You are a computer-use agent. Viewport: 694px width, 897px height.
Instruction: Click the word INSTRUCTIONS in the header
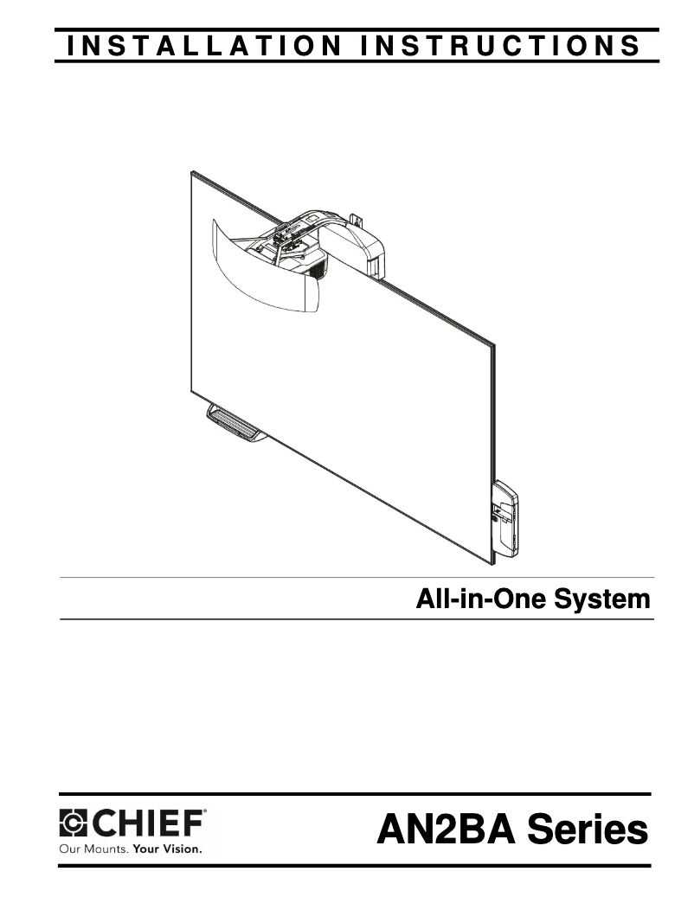click(x=501, y=46)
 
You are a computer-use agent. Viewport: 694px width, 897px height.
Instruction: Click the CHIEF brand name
click(x=147, y=823)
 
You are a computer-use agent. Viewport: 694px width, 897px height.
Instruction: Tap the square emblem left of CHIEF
click(x=73, y=823)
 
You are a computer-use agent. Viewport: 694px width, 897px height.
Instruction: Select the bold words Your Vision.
click(x=168, y=849)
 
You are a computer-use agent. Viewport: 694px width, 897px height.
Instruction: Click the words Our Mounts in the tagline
click(x=93, y=849)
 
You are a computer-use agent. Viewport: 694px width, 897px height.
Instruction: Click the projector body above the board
click(x=299, y=252)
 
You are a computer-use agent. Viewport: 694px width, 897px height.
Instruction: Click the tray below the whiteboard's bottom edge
click(x=235, y=424)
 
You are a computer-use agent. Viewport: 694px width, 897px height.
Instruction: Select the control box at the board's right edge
click(x=505, y=519)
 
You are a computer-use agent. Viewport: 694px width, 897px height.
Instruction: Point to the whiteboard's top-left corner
click(x=191, y=171)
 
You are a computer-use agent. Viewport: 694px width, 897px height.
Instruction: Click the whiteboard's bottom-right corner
click(x=492, y=564)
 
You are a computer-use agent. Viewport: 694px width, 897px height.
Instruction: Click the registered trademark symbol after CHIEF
click(x=205, y=811)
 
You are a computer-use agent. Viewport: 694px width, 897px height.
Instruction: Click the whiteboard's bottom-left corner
click(x=191, y=391)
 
